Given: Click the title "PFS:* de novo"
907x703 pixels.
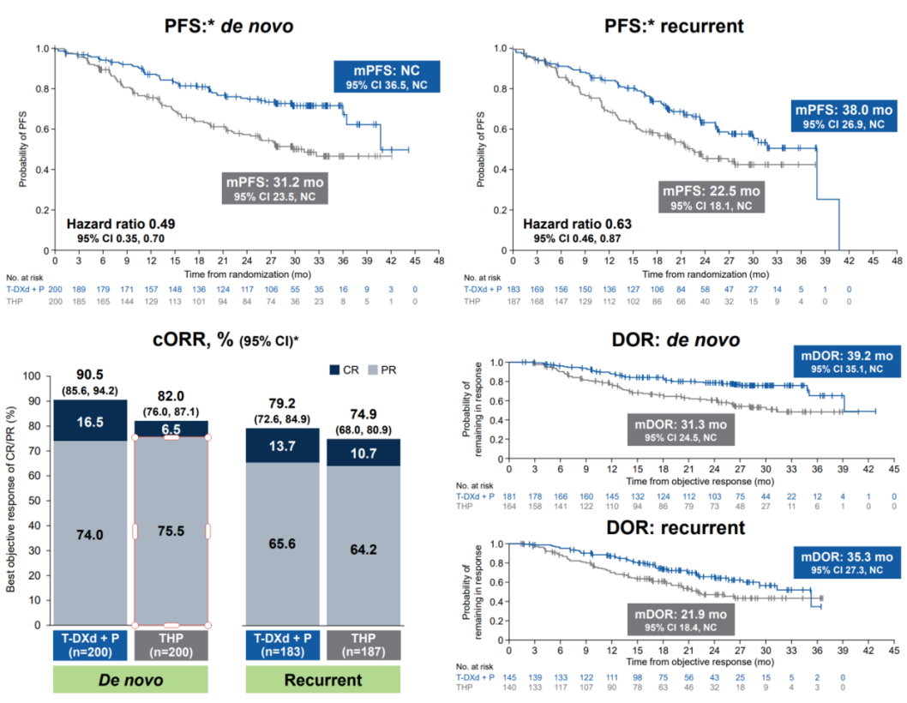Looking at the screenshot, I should point(229,26).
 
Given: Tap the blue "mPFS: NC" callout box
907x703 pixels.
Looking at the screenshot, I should point(387,76).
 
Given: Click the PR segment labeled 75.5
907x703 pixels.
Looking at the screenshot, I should point(171,532).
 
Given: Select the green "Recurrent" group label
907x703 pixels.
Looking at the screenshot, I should point(322,679).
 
